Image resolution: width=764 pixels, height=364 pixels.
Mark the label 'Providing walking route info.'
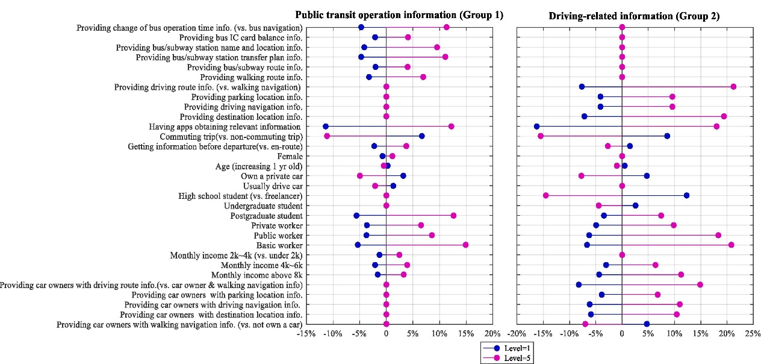[251, 77]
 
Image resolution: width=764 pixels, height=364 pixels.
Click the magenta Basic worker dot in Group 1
[465, 245]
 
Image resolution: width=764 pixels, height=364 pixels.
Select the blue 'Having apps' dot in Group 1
[326, 126]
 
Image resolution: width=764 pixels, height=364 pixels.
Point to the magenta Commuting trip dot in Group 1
[327, 136]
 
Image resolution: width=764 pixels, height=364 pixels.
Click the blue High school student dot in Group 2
[686, 195]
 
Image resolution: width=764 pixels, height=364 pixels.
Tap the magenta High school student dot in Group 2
[545, 195]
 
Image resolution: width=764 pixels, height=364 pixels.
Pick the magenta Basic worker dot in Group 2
[731, 245]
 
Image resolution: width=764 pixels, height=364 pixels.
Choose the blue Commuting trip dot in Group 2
[667, 136]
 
